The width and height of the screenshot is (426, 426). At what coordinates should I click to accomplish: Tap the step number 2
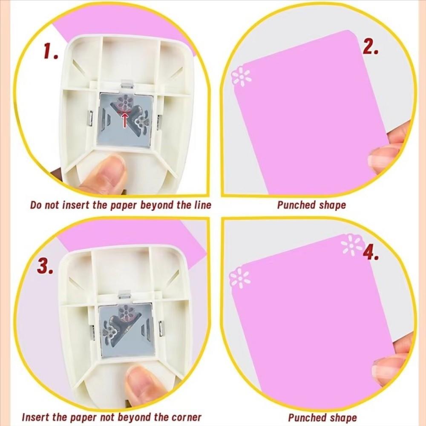tap(370, 47)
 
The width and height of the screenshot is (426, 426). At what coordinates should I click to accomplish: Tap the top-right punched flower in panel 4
tap(351, 245)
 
